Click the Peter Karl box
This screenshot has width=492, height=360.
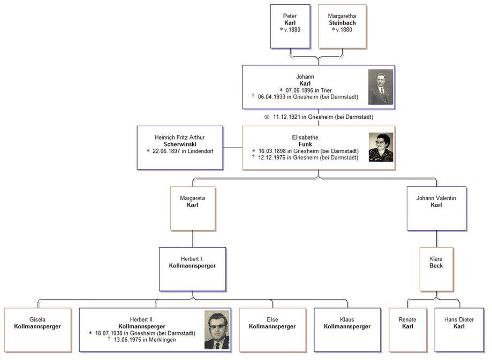point(290,26)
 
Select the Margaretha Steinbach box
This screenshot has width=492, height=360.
point(342,26)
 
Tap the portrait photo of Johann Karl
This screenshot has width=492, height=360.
point(381,87)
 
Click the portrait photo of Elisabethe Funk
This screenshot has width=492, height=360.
point(381,147)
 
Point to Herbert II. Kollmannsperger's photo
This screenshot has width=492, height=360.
point(217,330)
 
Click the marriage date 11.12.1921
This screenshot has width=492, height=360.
point(289,117)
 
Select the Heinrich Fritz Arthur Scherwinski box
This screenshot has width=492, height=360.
point(180,148)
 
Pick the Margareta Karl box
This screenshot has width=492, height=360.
point(192,208)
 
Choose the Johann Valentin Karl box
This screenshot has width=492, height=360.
point(436,208)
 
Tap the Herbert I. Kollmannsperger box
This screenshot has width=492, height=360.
point(192,269)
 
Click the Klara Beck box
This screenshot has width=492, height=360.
point(436,269)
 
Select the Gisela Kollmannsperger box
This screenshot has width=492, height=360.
point(37,330)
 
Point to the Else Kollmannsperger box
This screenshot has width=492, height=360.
point(272,330)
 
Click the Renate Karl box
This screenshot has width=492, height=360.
point(407,330)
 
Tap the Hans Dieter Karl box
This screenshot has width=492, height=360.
point(459,330)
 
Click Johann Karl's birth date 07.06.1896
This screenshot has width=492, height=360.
point(302,90)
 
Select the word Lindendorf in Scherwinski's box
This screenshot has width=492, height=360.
point(199,151)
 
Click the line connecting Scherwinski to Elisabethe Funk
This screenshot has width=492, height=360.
point(232,148)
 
